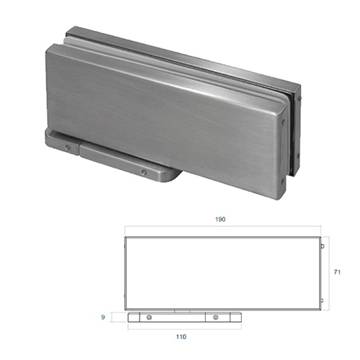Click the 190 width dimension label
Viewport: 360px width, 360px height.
click(220, 219)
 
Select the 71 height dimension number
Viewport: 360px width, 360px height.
click(337, 272)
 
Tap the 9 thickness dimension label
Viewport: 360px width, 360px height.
click(103, 317)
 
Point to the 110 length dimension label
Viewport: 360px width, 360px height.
click(181, 337)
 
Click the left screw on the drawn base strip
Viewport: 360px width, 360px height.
click(149, 318)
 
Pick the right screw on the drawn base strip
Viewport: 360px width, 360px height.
click(216, 318)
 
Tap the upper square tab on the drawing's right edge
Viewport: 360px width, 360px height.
click(323, 246)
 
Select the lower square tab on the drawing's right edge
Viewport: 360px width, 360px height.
click(322, 300)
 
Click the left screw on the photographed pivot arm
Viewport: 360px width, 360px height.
click(68, 148)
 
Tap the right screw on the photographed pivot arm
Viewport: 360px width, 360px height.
click(144, 172)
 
